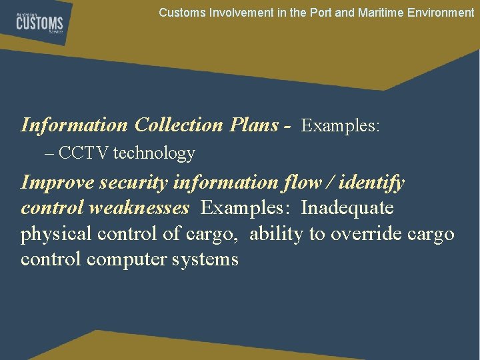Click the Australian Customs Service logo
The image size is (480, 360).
tap(40, 23)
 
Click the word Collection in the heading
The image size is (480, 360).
tap(179, 125)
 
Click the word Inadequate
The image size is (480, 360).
tap(347, 208)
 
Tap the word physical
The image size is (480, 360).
tap(53, 234)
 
